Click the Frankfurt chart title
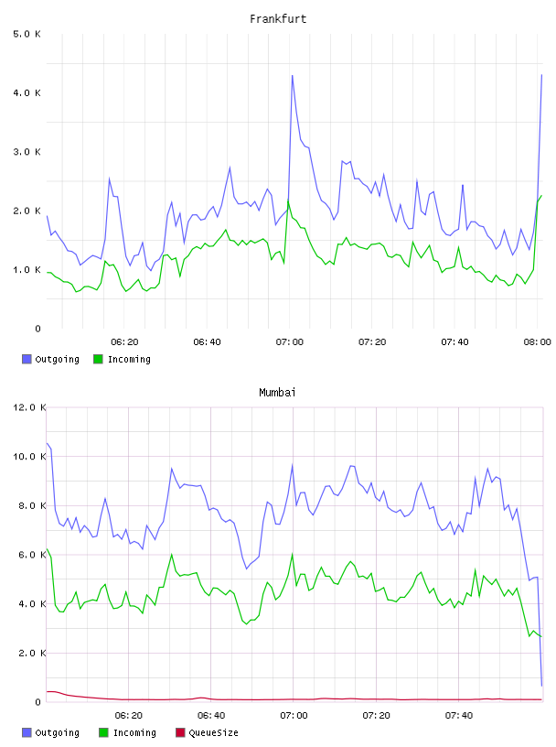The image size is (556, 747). pyautogui.click(x=278, y=19)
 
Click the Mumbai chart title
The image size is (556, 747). pyautogui.click(x=277, y=393)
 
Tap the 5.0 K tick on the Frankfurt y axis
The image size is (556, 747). pyautogui.click(x=27, y=34)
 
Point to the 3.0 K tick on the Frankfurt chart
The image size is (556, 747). pyautogui.click(x=27, y=152)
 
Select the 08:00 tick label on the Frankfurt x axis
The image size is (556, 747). pyautogui.click(x=537, y=342)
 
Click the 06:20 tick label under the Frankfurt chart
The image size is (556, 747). pyautogui.click(x=124, y=342)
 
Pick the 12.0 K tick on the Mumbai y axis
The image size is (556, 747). pyautogui.click(x=29, y=407)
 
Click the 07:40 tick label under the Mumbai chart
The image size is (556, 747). pyautogui.click(x=459, y=716)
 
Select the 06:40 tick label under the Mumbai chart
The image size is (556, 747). pyautogui.click(x=211, y=716)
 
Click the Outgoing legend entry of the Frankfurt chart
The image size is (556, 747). pyautogui.click(x=51, y=359)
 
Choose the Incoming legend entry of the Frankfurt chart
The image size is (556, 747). pyautogui.click(x=123, y=359)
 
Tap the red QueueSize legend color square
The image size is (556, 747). pyautogui.click(x=180, y=732)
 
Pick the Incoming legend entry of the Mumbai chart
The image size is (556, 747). pyautogui.click(x=128, y=732)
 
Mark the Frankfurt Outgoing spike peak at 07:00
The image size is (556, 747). pyautogui.click(x=293, y=75)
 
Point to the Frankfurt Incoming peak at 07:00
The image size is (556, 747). pyautogui.click(x=288, y=200)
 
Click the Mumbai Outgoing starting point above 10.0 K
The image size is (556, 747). pyautogui.click(x=48, y=443)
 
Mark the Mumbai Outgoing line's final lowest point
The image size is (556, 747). pyautogui.click(x=541, y=686)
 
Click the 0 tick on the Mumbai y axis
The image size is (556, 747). pyautogui.click(x=38, y=702)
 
